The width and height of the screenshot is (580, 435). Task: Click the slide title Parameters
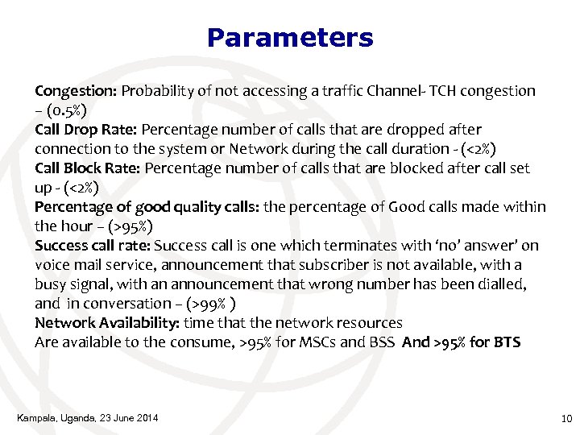pos(290,38)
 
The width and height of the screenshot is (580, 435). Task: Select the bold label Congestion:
pos(77,90)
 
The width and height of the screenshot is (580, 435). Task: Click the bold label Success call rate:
pos(93,245)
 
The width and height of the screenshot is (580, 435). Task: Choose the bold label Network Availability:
pos(107,322)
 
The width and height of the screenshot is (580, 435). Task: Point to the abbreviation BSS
pos(380,342)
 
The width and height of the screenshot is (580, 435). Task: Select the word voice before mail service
pos(53,264)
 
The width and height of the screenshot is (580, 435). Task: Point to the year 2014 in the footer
pos(144,417)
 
